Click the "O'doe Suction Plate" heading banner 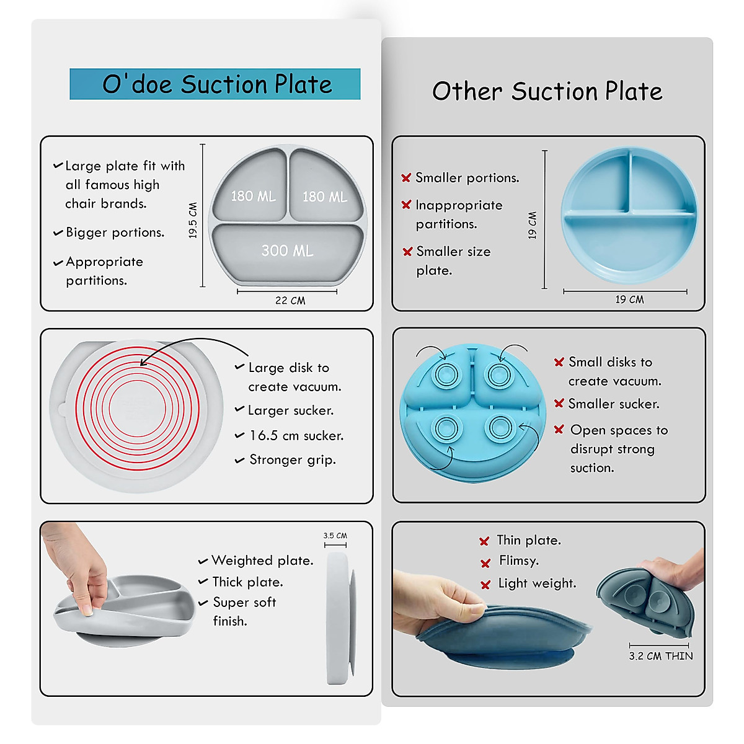(x=215, y=84)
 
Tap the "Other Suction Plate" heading (x=547, y=92)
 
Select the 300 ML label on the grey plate (x=287, y=250)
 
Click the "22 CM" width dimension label (x=290, y=301)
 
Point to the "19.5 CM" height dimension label (x=193, y=220)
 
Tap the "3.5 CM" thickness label (x=335, y=536)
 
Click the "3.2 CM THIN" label (x=661, y=656)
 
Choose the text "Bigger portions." (x=115, y=232)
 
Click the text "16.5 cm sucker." (x=296, y=436)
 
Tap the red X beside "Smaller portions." (x=406, y=178)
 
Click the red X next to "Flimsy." (x=485, y=563)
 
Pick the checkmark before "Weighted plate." (x=203, y=562)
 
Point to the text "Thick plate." (x=247, y=582)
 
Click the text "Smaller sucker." (x=614, y=404)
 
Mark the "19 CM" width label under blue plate (x=629, y=300)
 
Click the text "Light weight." (x=537, y=583)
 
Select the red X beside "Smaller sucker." (x=559, y=404)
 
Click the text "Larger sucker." (x=291, y=410)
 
